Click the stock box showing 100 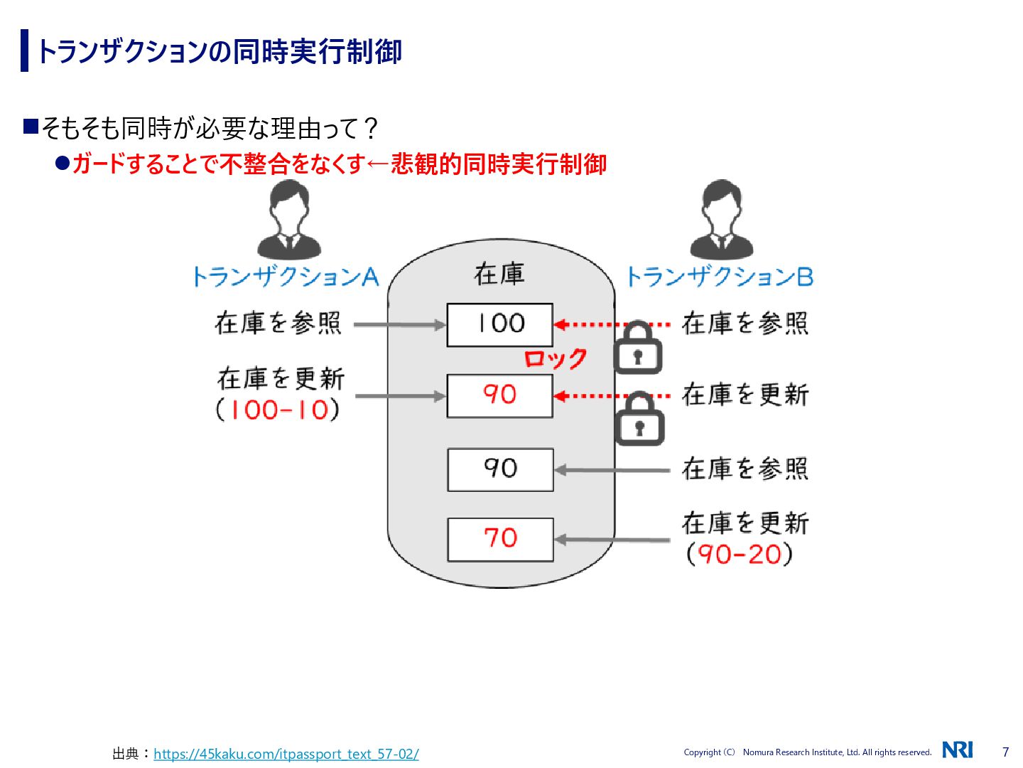click(499, 325)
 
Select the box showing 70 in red click(500, 539)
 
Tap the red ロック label click(556, 358)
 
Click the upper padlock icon click(637, 348)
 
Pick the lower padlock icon click(639, 420)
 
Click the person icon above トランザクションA click(289, 220)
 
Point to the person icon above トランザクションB click(721, 220)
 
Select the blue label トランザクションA click(286, 277)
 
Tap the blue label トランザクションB click(720, 277)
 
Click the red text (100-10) click(278, 410)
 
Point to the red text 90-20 click(740, 554)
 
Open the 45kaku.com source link click(286, 754)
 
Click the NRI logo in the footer click(957, 750)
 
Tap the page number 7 click(1005, 752)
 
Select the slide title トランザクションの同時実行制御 click(220, 51)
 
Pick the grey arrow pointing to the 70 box click(612, 540)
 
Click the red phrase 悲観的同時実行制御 click(499, 164)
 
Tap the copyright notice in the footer click(807, 752)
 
